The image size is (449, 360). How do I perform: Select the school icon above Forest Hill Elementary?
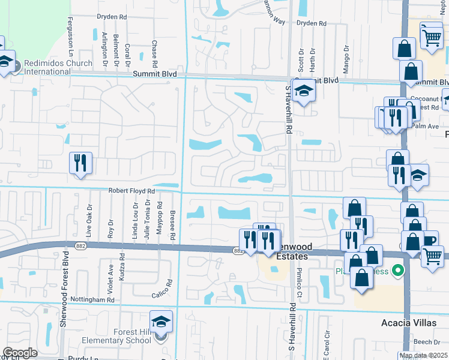pyautogui.click(x=161, y=323)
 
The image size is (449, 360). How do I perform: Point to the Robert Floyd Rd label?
pyautogui.click(x=131, y=191)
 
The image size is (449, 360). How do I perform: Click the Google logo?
pyautogui.click(x=20, y=353)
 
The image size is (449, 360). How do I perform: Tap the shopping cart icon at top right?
pyautogui.click(x=432, y=37)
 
